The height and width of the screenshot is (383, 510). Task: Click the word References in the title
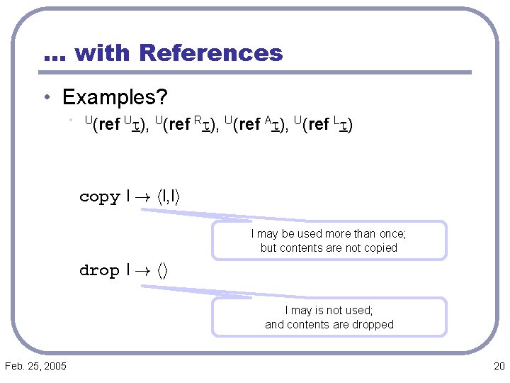211,53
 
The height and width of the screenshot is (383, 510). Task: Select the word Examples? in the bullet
115,96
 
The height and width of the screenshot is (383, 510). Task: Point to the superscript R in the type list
199,121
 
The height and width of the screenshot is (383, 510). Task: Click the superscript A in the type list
268,121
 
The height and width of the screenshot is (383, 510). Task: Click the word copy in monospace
100,197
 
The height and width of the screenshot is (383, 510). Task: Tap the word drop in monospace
100,270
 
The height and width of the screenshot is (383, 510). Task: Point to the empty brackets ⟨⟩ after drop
161,270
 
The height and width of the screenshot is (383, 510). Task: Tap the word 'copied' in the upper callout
380,248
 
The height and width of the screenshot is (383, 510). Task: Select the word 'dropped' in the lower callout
373,325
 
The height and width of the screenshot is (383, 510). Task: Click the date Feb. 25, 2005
35,366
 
